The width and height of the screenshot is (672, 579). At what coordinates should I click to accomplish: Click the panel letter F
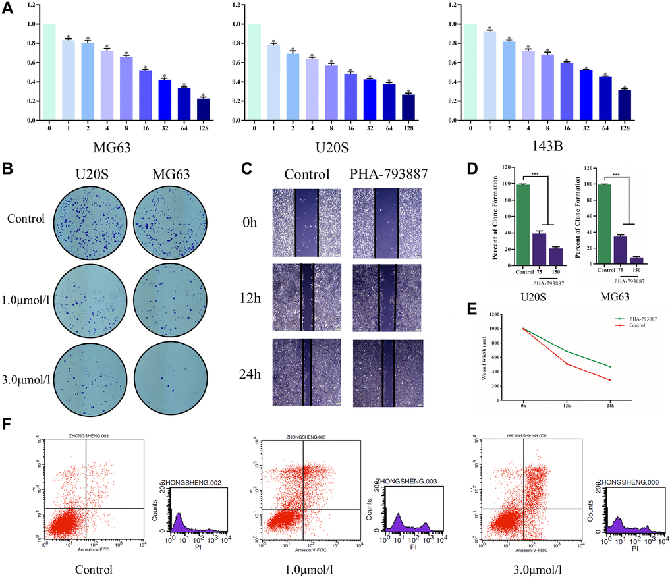click(8, 423)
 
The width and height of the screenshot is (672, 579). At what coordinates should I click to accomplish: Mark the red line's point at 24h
click(611, 380)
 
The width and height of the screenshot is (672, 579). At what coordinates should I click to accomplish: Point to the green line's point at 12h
click(567, 352)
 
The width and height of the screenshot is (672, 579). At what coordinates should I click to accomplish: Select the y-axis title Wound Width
click(485, 364)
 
